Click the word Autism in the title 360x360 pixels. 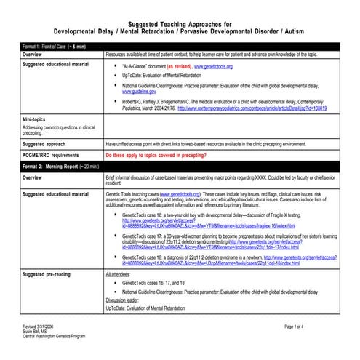[303, 32]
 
